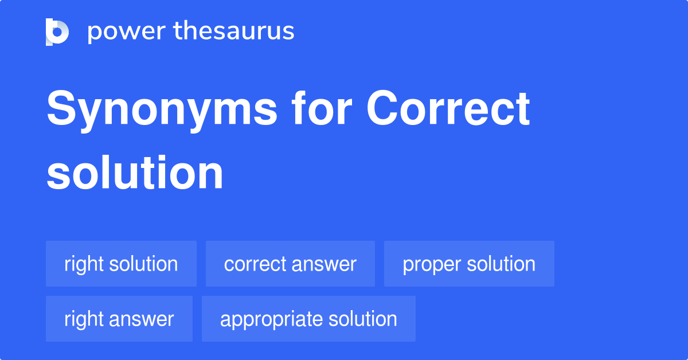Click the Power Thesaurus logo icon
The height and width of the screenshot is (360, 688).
57,32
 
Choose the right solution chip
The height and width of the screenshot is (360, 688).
121,264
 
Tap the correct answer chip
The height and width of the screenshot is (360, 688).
290,264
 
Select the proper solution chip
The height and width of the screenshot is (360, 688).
469,264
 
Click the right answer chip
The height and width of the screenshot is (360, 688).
119,319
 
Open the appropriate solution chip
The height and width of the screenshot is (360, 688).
308,319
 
